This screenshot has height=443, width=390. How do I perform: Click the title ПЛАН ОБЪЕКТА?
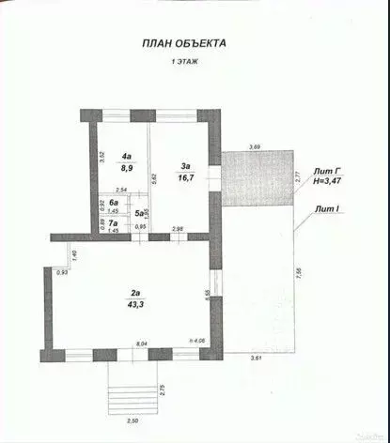click(x=183, y=42)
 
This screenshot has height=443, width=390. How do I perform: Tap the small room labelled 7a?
click(x=113, y=222)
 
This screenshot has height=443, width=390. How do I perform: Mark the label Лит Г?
click(x=325, y=170)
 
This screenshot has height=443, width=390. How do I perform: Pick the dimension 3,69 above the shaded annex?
click(x=255, y=146)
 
